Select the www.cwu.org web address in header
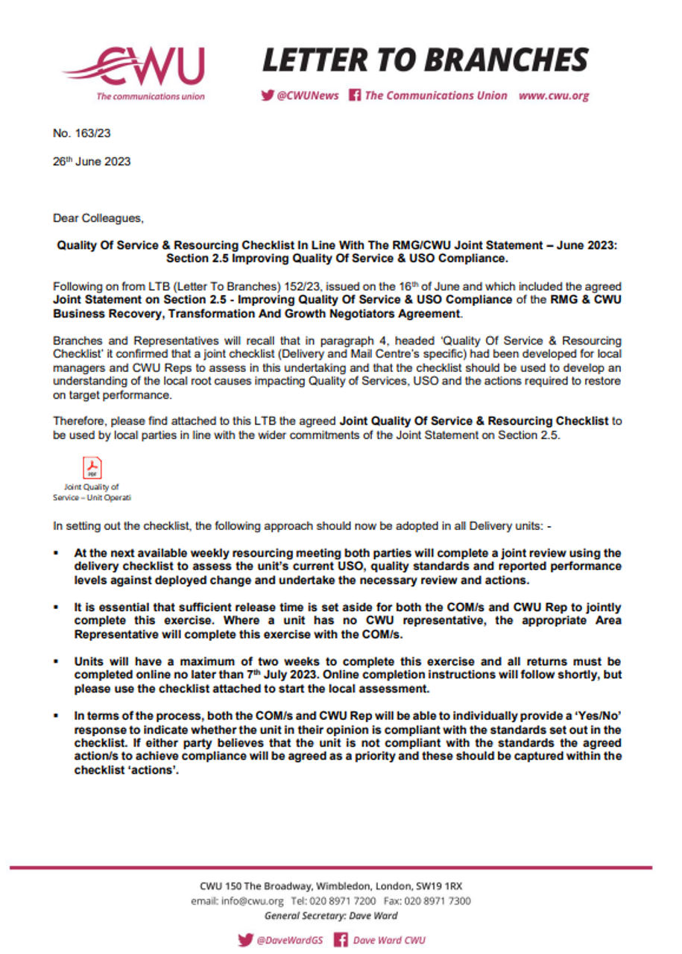pos(554,95)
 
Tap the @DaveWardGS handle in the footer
pos(289,940)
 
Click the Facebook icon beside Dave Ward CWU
pos(341,940)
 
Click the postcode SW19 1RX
pos(441,886)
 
